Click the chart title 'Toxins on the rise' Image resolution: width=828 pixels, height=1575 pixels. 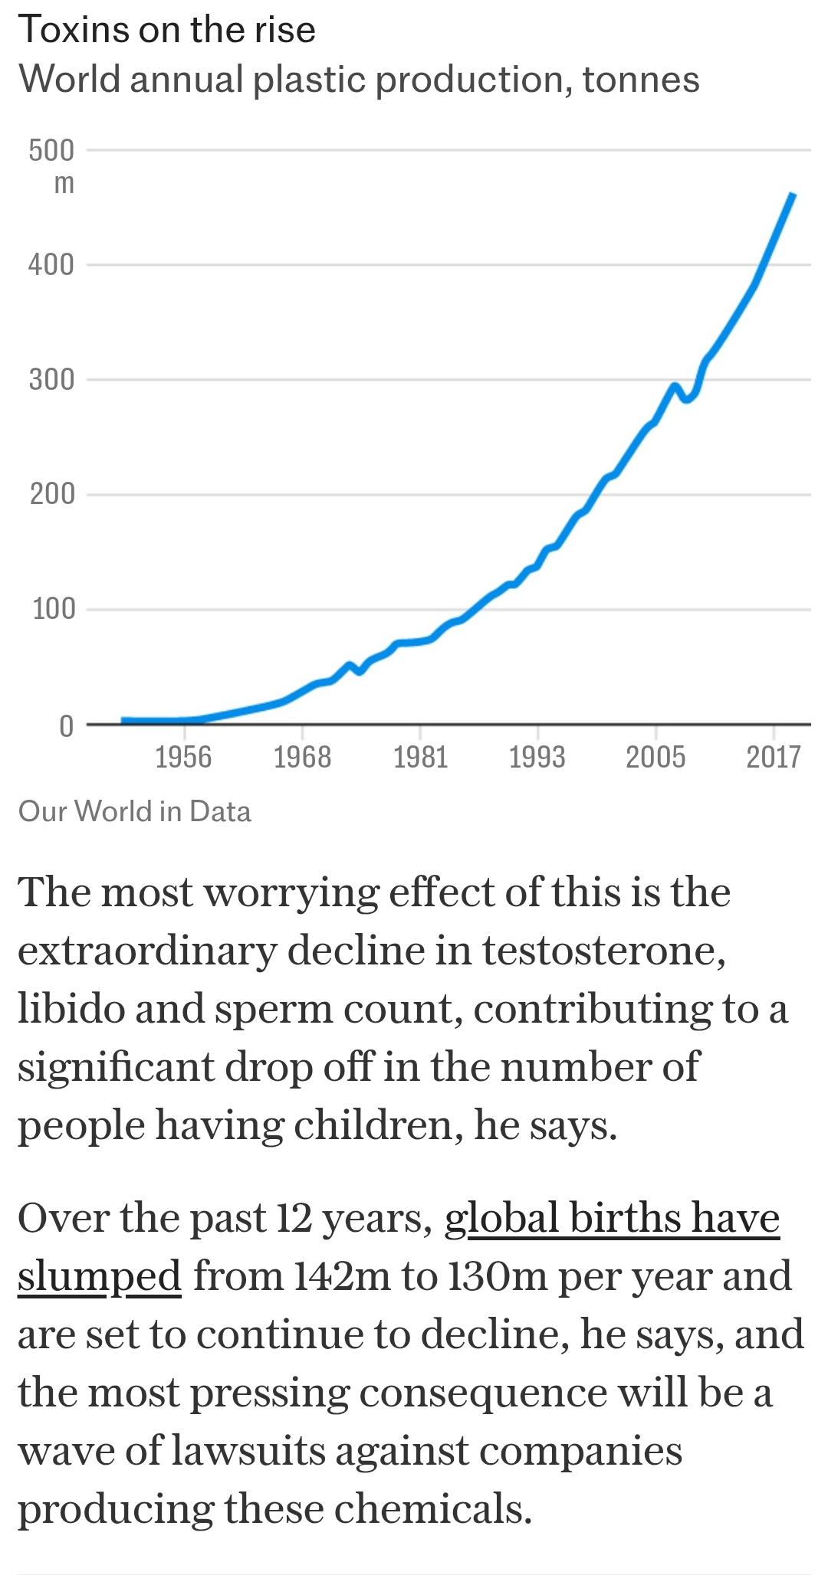[166, 30]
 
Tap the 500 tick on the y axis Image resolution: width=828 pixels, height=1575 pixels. [52, 150]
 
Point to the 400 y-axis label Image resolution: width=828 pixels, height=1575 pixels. [52, 265]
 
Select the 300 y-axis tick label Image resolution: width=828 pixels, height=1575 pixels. [52, 379]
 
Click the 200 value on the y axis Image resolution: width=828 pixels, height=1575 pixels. [52, 494]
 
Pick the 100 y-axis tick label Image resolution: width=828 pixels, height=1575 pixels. [54, 609]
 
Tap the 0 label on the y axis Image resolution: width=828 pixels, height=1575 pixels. [67, 725]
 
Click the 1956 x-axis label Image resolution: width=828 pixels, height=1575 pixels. [183, 757]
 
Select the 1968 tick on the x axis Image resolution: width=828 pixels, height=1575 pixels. [302, 757]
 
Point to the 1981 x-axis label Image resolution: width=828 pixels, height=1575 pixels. [420, 757]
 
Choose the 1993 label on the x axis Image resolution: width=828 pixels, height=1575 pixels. [537, 757]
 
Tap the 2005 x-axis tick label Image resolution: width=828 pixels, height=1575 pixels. [655, 757]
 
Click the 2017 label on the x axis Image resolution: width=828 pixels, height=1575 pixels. [774, 757]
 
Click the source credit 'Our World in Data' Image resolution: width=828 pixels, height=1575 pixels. [135, 811]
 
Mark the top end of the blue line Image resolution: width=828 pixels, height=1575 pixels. [793, 195]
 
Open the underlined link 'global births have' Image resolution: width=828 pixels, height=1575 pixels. [612, 1217]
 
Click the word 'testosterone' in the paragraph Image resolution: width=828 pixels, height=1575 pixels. [603, 951]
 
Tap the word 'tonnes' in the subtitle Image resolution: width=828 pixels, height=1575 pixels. [641, 80]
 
